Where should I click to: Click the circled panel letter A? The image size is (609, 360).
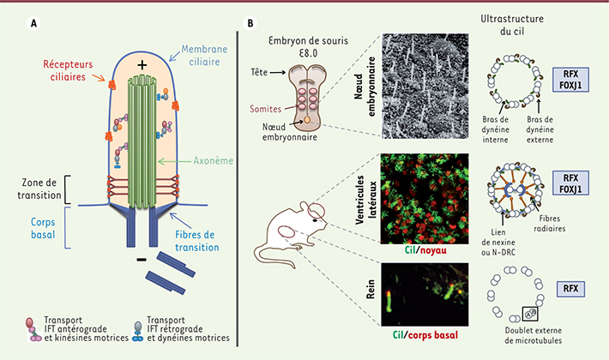pyautogui.click(x=33, y=23)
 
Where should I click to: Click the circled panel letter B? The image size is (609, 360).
pyautogui.click(x=250, y=23)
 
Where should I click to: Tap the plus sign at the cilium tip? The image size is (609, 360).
pyautogui.click(x=142, y=65)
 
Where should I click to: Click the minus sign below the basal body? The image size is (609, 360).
pyautogui.click(x=142, y=259)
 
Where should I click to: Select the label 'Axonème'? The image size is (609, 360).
pyautogui.click(x=214, y=160)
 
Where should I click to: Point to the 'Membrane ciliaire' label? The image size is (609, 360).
pyautogui.click(x=204, y=56)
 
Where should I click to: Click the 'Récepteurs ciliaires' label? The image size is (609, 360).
pyautogui.click(x=68, y=70)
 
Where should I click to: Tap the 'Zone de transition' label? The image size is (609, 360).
pyautogui.click(x=39, y=189)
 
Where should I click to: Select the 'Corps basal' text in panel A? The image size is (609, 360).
pyautogui.click(x=43, y=229)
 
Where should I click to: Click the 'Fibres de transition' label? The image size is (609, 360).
pyautogui.click(x=197, y=241)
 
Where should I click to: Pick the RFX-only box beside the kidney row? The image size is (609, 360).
pyautogui.click(x=570, y=289)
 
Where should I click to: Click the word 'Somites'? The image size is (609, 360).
pyautogui.click(x=265, y=109)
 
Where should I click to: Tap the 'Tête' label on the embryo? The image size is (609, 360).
pyautogui.click(x=259, y=72)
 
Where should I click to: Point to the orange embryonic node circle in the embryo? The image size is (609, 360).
pyautogui.click(x=307, y=120)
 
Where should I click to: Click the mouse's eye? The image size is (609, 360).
pyautogui.click(x=315, y=220)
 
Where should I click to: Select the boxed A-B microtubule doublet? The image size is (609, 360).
pyautogui.click(x=530, y=314)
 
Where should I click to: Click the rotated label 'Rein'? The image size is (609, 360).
pyautogui.click(x=371, y=289)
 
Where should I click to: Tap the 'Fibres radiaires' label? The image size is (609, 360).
pyautogui.click(x=549, y=224)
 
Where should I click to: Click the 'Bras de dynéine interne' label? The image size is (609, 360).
pyautogui.click(x=495, y=129)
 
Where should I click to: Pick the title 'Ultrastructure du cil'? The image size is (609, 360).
pyautogui.click(x=512, y=25)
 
